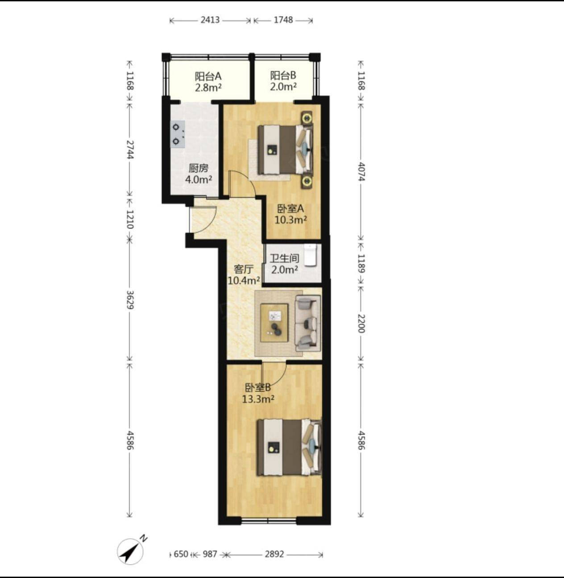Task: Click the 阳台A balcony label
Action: point(208,76)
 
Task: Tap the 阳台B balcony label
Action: point(283,75)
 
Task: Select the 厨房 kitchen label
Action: point(199,168)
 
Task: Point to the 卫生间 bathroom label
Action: point(284,258)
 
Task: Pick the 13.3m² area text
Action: point(258,399)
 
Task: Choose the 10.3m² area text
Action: point(291,220)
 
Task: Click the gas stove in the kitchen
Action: point(178,134)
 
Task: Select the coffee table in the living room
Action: point(274,323)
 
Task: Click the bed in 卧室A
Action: point(286,150)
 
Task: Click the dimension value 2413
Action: point(210,20)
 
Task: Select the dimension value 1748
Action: point(283,20)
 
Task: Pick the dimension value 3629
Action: point(130,300)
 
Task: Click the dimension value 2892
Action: point(274,554)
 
